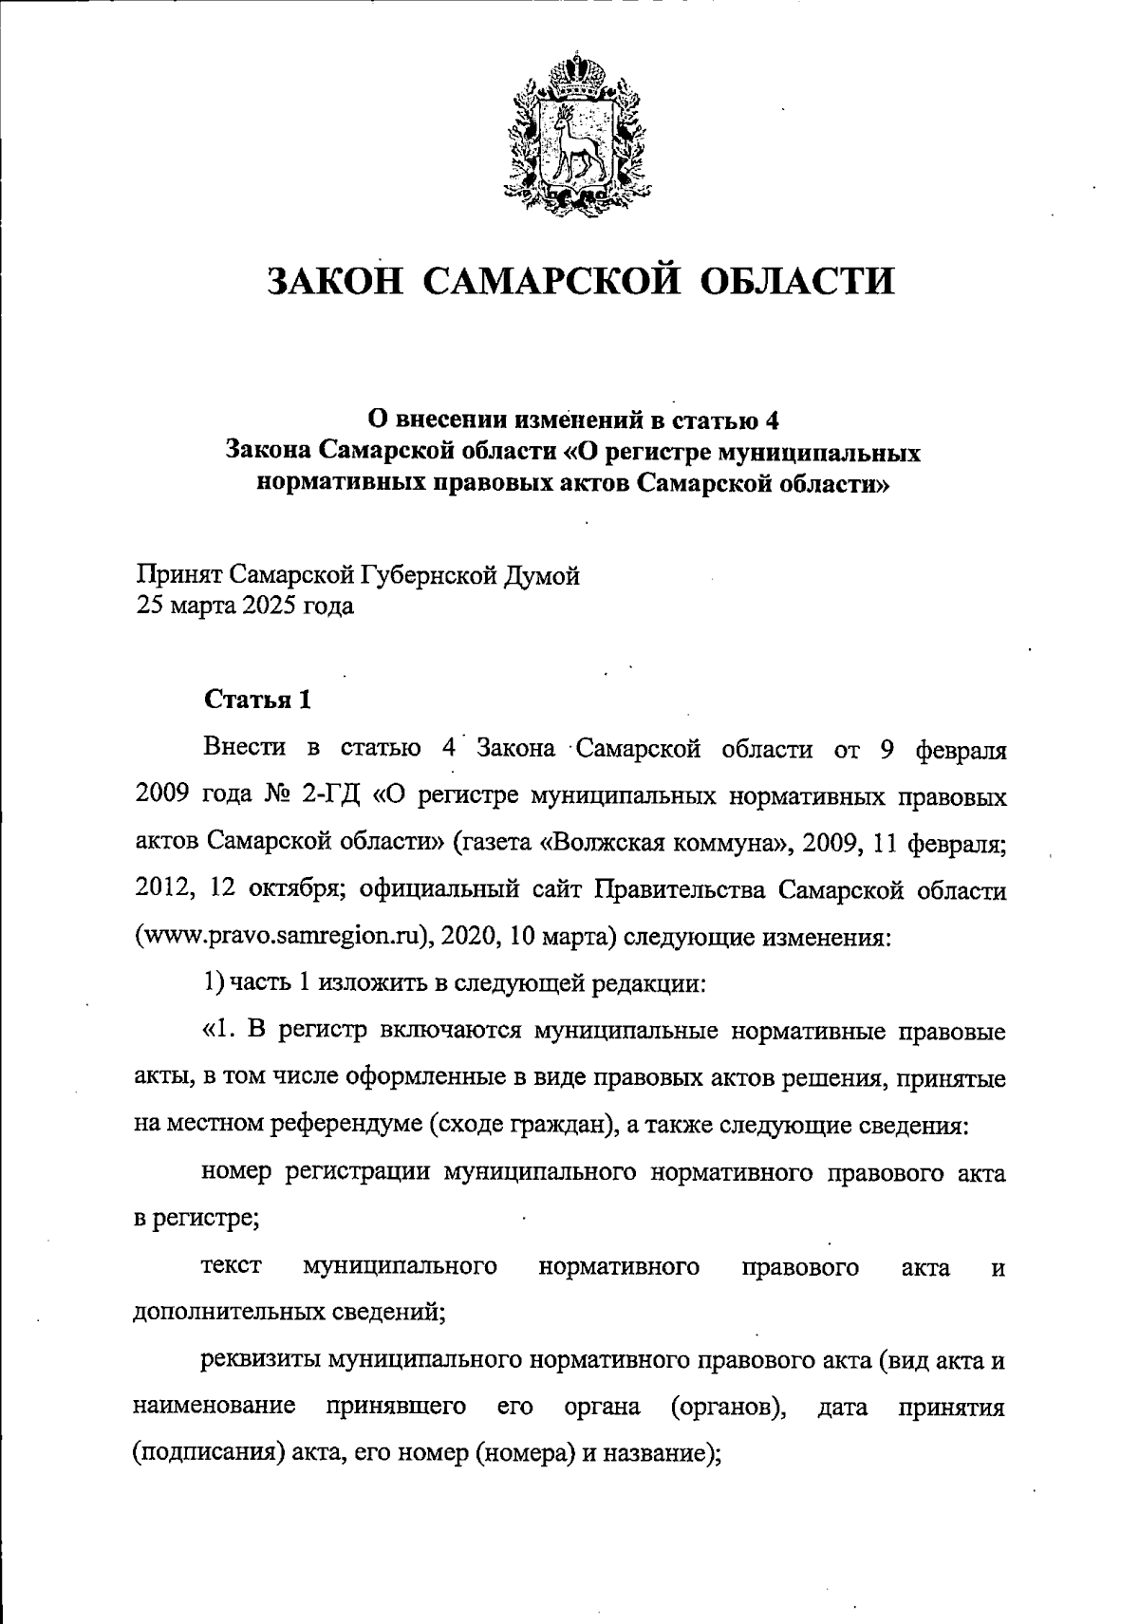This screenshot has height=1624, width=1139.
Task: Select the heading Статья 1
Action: (256, 700)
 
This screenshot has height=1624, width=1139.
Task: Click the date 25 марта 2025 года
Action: (245, 606)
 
